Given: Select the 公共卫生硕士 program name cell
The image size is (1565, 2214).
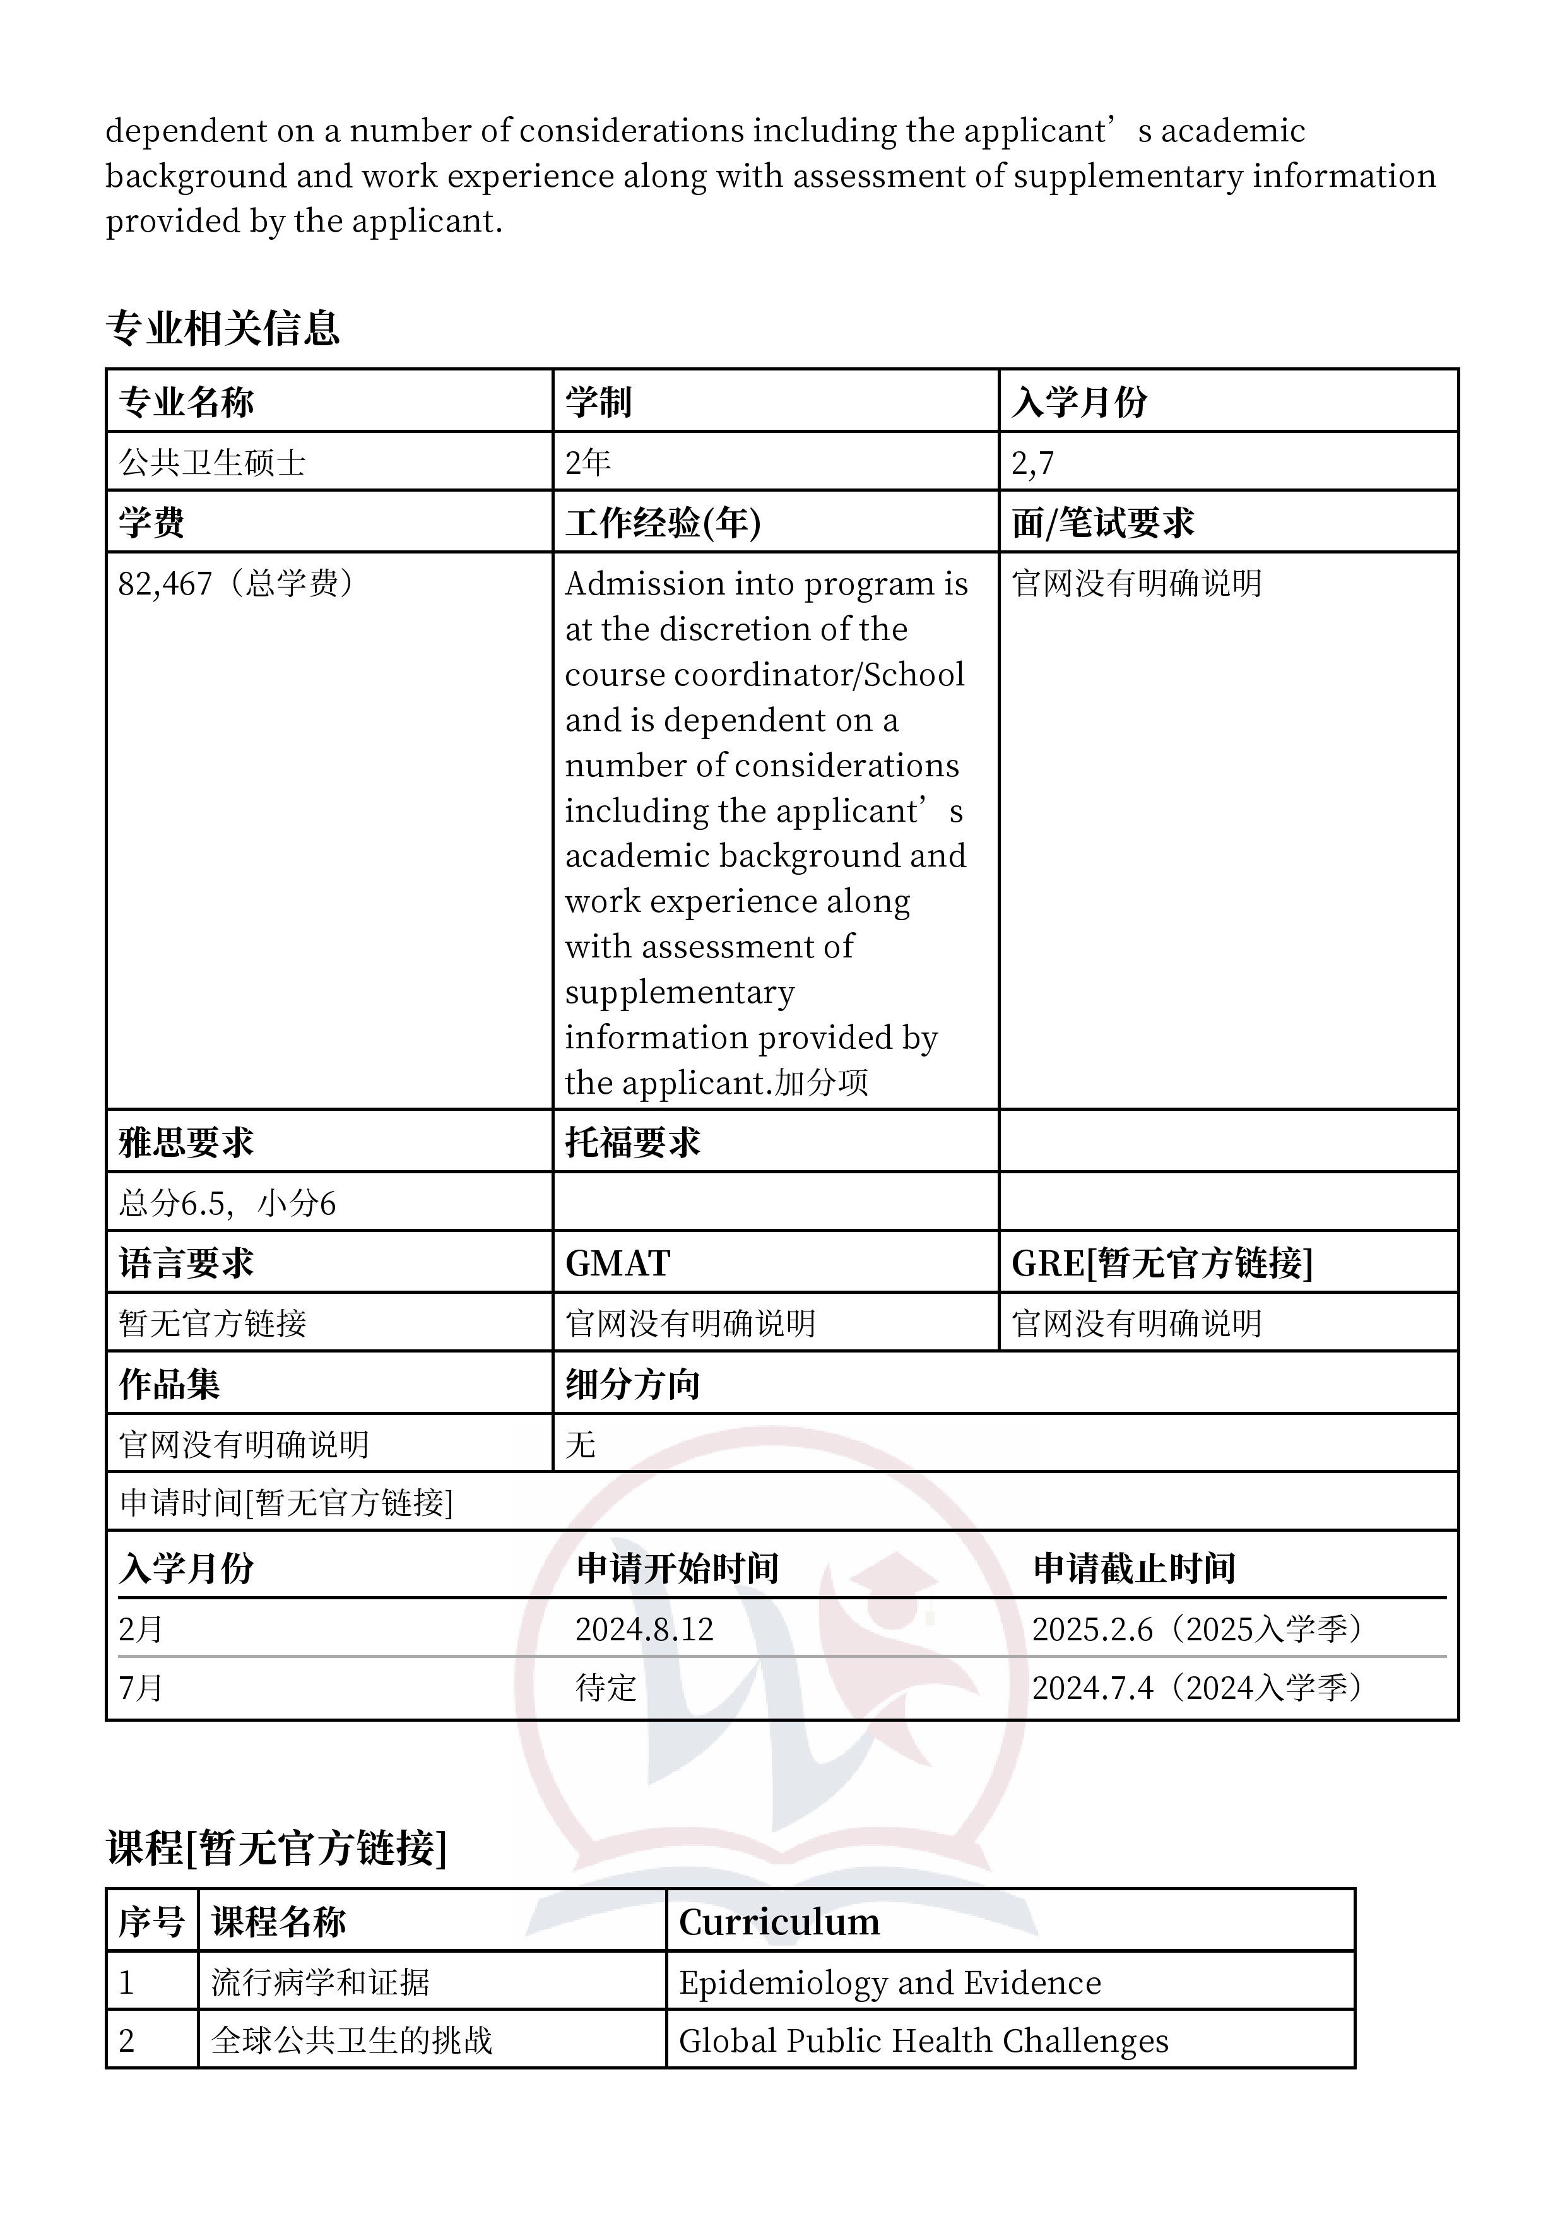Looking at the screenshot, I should tap(212, 463).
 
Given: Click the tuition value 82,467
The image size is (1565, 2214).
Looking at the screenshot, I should tap(165, 583).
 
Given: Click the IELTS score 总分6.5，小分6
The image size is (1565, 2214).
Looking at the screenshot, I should tap(227, 1204).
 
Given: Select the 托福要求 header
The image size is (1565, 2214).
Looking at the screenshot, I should tap(632, 1143).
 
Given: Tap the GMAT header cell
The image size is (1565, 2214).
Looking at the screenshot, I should tap(617, 1264).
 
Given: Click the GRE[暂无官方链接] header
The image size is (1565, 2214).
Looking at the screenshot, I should tap(1161, 1264).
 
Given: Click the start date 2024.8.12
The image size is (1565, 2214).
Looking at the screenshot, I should tap(644, 1630).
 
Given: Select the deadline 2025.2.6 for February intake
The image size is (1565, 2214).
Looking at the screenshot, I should tap(1092, 1630).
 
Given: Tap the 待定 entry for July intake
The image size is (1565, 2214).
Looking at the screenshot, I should tap(606, 1688).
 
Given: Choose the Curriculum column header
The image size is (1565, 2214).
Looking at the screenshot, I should tap(779, 1922).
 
